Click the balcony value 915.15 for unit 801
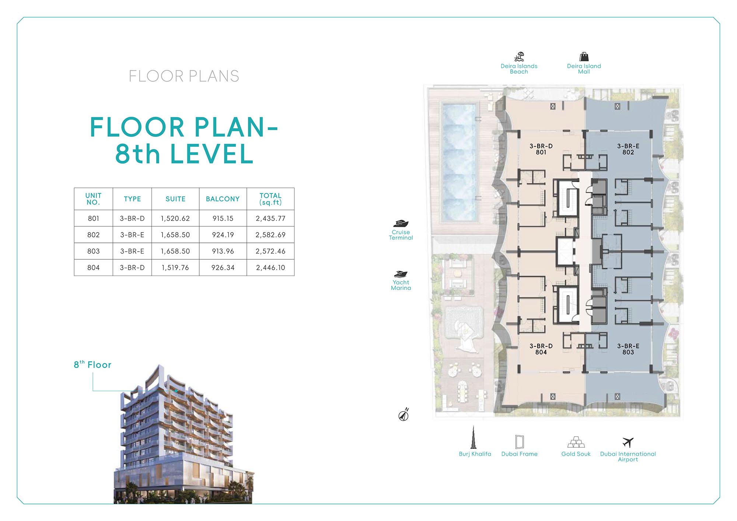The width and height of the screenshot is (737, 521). (223, 218)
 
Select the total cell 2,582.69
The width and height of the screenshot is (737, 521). (270, 235)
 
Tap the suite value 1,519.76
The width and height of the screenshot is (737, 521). (175, 268)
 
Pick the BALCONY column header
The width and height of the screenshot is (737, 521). (223, 199)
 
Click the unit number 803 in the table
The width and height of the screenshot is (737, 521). (93, 251)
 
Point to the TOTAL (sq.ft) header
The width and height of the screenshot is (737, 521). (270, 199)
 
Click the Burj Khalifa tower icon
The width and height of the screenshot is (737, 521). (474, 437)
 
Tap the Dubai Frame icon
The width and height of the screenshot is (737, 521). (520, 442)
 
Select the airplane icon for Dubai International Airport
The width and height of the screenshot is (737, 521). (628, 442)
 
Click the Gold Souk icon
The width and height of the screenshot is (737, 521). (576, 442)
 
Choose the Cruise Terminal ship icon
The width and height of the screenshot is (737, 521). (401, 223)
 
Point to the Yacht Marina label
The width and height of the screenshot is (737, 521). (401, 285)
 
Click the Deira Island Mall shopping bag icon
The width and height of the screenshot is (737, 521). (584, 56)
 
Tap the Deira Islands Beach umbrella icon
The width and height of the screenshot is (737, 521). (519, 56)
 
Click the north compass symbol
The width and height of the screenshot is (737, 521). (404, 415)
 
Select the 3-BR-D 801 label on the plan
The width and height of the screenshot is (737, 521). (541, 149)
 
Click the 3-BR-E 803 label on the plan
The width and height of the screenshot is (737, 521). (628, 349)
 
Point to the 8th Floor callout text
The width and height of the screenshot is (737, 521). (92, 364)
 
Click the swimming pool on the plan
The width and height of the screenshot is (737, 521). (459, 162)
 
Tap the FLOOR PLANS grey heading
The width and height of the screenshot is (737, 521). (184, 76)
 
